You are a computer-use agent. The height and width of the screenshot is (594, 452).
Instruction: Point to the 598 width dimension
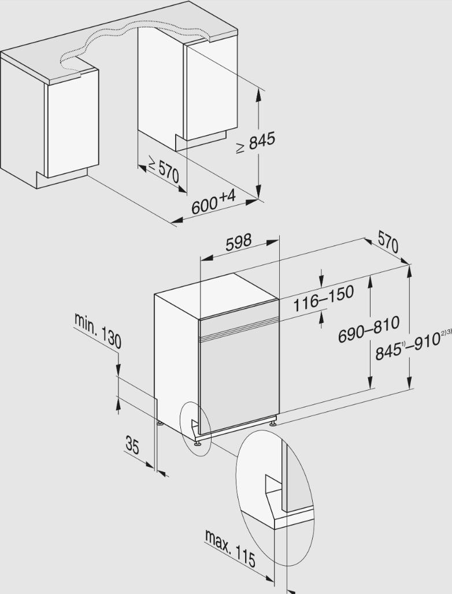pyautogui.click(x=239, y=242)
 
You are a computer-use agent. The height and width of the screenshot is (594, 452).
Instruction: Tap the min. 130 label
pyautogui.click(x=98, y=329)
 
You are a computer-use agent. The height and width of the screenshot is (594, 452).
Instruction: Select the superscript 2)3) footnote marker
pyautogui.click(x=446, y=332)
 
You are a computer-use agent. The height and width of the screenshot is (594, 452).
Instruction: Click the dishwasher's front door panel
pyautogui.click(x=238, y=381)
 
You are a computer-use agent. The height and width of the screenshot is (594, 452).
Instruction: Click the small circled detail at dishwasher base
pyautogui.click(x=195, y=428)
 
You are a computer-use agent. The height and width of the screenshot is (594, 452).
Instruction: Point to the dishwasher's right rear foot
pyautogui.click(x=272, y=423)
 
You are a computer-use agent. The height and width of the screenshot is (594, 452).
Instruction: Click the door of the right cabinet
pyautogui.click(x=211, y=92)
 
